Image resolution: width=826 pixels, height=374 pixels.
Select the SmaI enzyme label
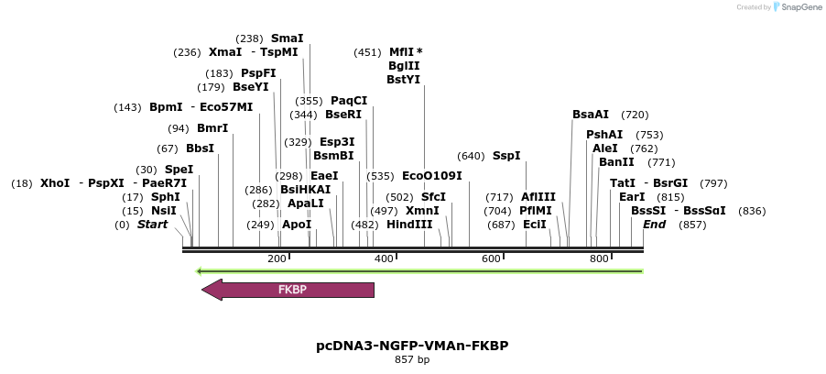coord(287,38)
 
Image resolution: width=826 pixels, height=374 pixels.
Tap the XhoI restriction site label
coord(55,183)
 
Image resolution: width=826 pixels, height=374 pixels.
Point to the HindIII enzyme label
coord(408,225)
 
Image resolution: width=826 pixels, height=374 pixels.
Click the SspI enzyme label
coord(506,156)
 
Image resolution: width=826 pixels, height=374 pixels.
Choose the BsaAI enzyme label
coord(591,115)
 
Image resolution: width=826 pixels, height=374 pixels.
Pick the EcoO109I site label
coord(432,176)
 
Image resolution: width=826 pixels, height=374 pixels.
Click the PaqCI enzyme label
coord(349,101)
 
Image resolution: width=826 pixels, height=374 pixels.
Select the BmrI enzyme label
coord(212,128)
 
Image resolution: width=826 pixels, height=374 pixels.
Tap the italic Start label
coord(153,225)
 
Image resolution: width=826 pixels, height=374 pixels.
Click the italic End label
coord(654,225)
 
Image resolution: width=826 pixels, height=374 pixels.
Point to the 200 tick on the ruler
coord(277,259)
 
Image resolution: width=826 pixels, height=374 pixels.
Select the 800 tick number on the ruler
coord(599,259)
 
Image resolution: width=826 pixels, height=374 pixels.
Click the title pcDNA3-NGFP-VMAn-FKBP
coord(412,346)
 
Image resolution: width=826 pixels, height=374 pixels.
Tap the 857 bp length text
coord(412,359)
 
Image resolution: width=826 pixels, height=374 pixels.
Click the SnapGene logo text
coord(799,7)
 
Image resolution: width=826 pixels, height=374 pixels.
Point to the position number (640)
coord(471,156)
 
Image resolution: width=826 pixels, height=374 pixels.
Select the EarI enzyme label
coord(632,197)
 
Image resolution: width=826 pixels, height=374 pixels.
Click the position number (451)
coord(367,52)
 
